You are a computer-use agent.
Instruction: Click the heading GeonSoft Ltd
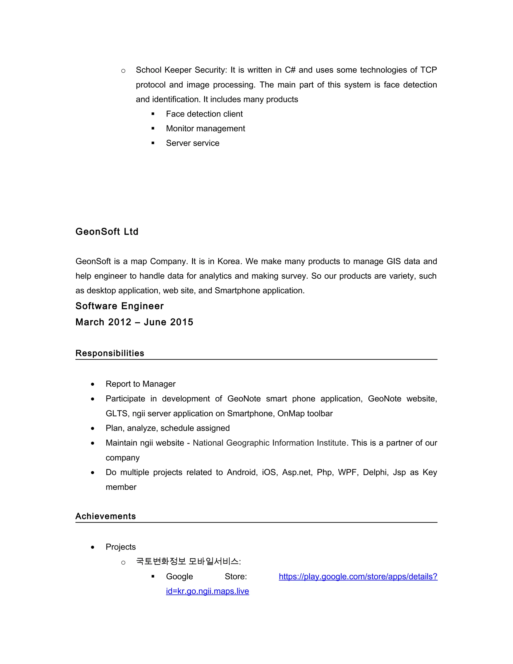(107, 232)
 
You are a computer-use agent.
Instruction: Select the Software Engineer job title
(119, 306)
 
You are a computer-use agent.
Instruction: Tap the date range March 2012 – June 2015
(134, 322)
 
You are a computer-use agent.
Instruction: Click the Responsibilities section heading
(110, 353)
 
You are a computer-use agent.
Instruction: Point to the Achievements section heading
(105, 516)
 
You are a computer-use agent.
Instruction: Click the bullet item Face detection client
(204, 114)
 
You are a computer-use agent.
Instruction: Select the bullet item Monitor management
(205, 129)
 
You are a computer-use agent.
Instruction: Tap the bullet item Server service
(192, 143)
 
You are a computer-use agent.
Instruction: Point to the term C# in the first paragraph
(290, 70)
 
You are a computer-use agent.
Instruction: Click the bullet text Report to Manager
(141, 384)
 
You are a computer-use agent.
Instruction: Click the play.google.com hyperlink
(358, 577)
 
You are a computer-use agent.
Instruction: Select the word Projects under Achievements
(121, 547)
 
